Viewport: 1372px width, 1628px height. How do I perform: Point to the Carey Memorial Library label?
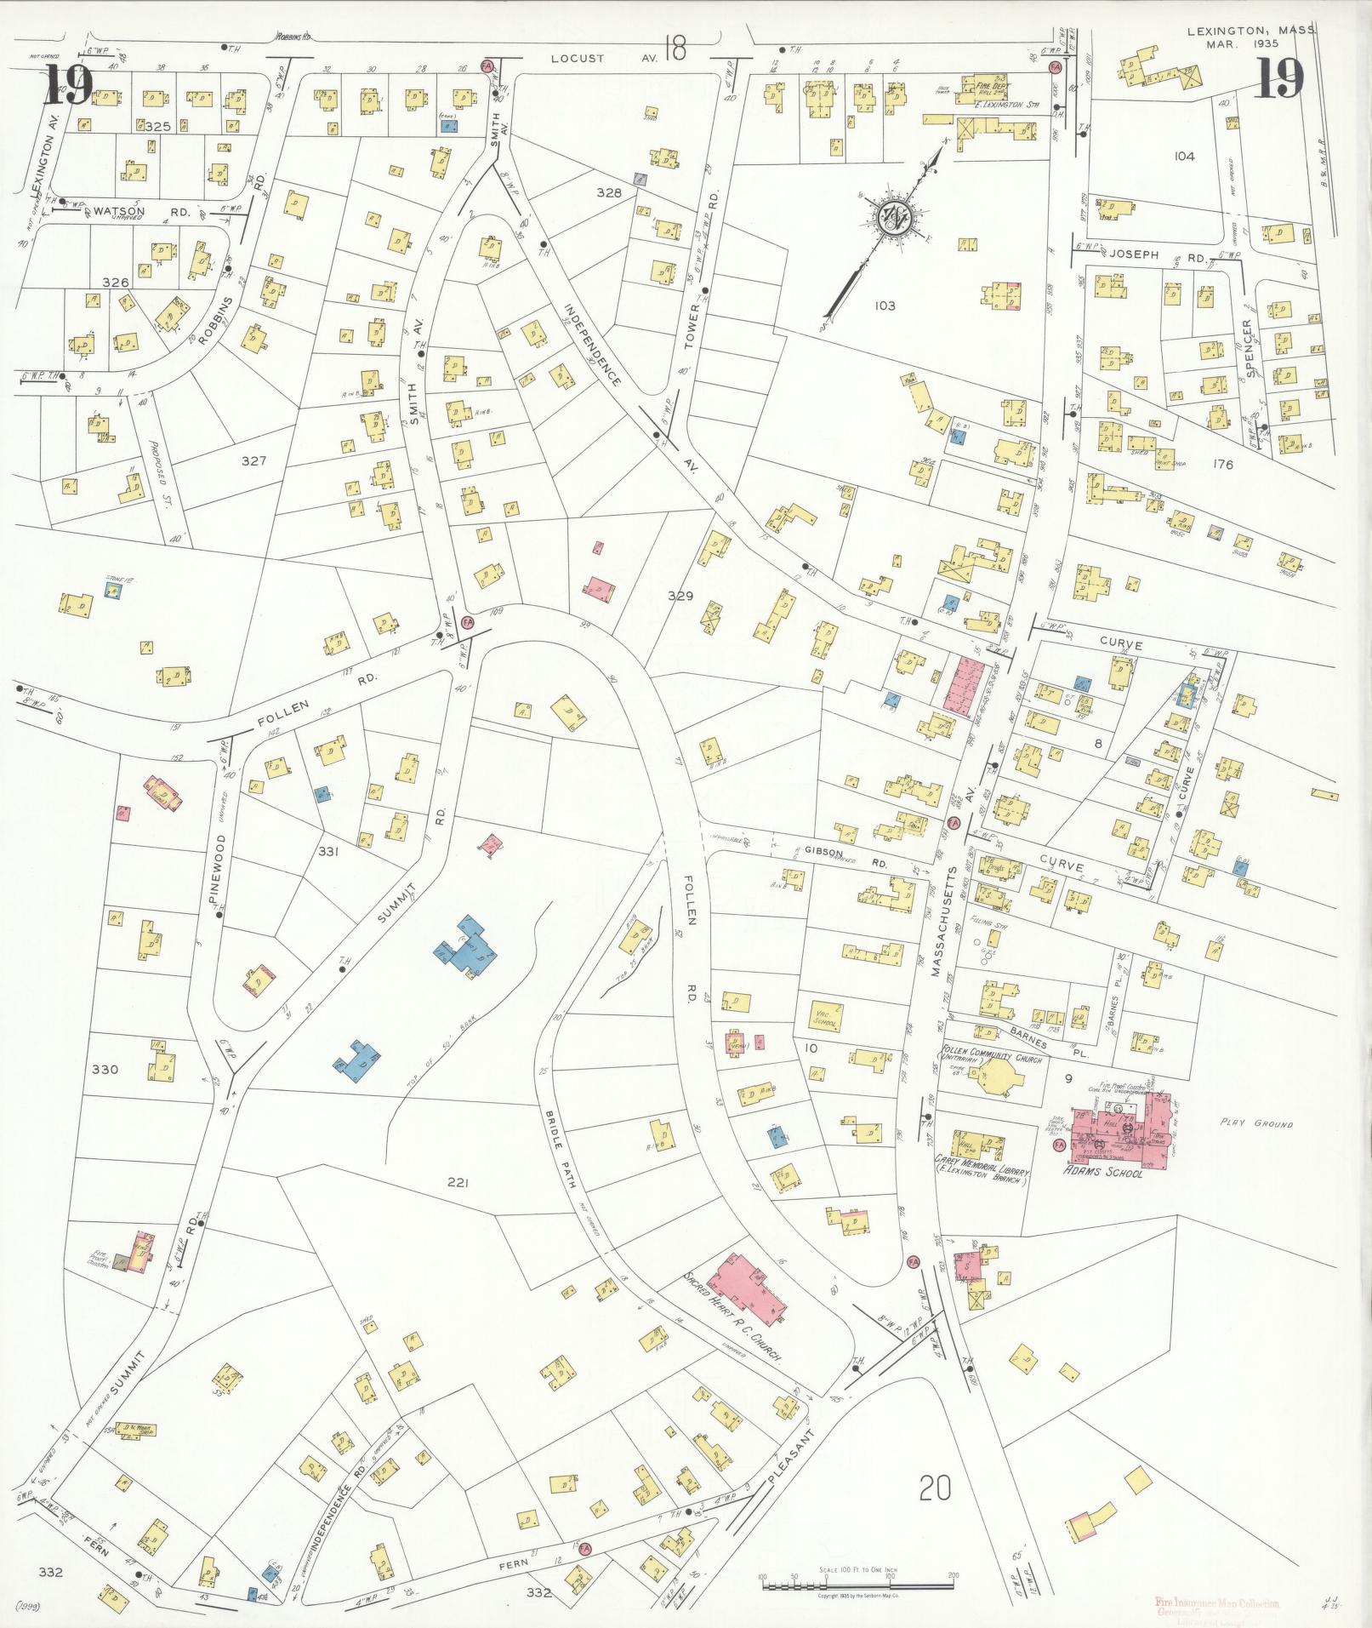pos(981,1172)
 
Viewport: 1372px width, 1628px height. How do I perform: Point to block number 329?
pos(680,596)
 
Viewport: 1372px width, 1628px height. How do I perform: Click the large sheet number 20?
pos(935,1488)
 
